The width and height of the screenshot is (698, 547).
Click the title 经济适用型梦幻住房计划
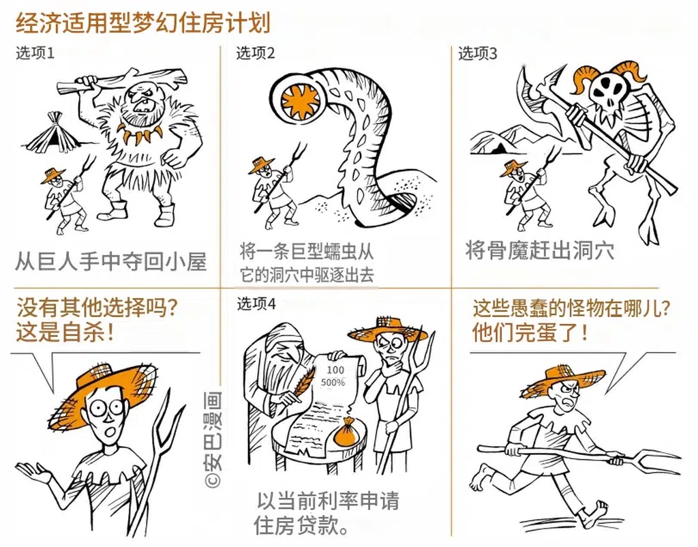143,23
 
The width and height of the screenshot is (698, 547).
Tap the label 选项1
35,53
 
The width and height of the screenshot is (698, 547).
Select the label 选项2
255,53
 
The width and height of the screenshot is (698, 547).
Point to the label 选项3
477,53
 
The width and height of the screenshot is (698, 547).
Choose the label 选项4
256,304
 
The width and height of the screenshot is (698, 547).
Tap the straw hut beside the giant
54,132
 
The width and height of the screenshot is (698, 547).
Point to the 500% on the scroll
333,382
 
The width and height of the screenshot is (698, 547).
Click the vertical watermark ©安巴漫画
213,439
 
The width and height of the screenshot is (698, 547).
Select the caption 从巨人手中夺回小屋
111,261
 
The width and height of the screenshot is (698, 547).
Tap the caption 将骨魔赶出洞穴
540,250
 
